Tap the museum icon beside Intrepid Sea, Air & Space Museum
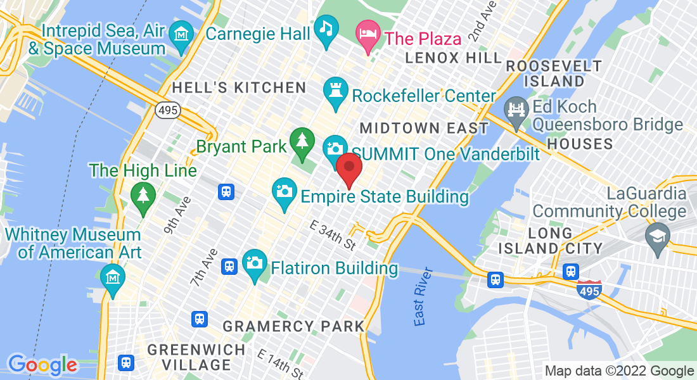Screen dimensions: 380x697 point(182,32)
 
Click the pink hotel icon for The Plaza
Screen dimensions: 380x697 point(368,31)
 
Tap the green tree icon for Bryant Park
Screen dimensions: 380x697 point(302,141)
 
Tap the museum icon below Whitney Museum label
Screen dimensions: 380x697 point(113,277)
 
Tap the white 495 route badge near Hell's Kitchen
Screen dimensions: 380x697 point(167,110)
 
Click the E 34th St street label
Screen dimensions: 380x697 point(333,235)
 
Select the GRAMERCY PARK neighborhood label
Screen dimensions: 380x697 point(294,326)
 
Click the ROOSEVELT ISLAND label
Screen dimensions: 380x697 point(554,73)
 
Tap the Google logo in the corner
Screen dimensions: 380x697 point(42,365)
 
